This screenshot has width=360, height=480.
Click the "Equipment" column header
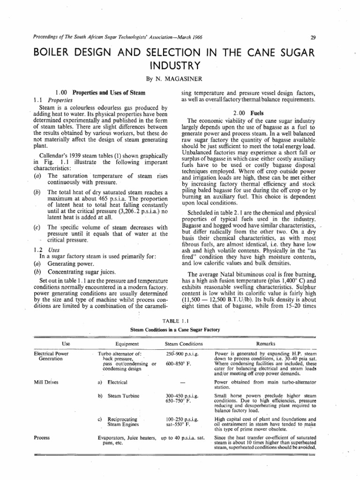(x=126, y=344)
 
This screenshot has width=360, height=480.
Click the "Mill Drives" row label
(x=45, y=382)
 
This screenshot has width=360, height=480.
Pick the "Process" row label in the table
(x=42, y=437)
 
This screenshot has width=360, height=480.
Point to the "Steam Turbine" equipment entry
(x=124, y=396)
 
